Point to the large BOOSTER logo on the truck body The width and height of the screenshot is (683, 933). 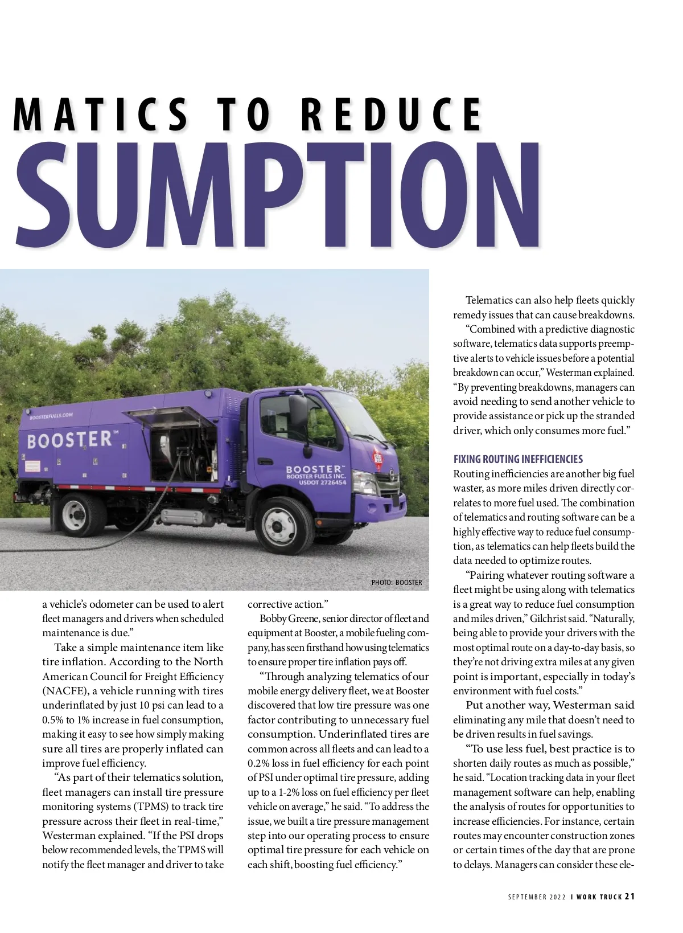pyautogui.click(x=69, y=440)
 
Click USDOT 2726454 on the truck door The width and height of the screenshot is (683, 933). pyautogui.click(x=322, y=482)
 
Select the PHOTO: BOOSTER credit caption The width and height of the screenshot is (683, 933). pyautogui.click(x=397, y=582)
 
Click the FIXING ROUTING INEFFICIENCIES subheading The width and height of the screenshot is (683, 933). pyautogui.click(x=518, y=459)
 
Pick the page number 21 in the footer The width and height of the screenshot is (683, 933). pyautogui.click(x=629, y=896)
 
